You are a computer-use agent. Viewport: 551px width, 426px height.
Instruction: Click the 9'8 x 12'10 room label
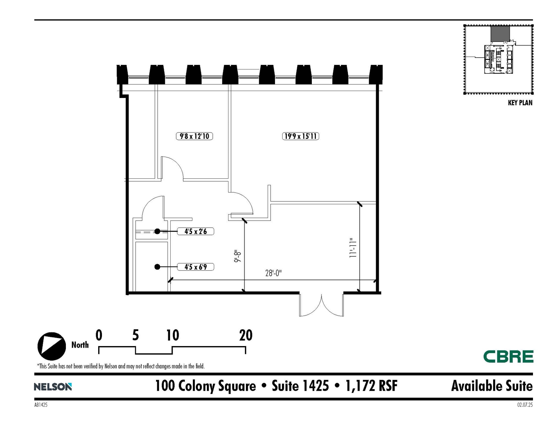(x=194, y=136)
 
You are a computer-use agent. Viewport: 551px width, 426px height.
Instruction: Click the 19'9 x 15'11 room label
(x=300, y=136)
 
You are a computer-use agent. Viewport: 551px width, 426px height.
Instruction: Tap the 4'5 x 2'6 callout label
(x=195, y=231)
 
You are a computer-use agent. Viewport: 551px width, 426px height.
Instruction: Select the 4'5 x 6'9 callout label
(x=195, y=267)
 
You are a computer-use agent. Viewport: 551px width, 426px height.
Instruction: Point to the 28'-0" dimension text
(x=273, y=273)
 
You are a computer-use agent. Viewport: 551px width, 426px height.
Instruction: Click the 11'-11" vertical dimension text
(x=353, y=248)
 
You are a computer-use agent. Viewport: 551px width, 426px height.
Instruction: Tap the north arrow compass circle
(x=52, y=346)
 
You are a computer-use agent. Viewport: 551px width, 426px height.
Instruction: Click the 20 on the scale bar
(x=246, y=335)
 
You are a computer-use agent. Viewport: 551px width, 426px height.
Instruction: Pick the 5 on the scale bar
(x=136, y=335)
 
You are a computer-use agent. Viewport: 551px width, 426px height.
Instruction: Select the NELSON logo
(x=53, y=387)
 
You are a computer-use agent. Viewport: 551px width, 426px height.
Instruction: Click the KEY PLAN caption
(x=520, y=103)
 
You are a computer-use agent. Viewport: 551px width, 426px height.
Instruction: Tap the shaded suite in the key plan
(x=500, y=34)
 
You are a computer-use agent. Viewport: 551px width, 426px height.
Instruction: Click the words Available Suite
(x=492, y=386)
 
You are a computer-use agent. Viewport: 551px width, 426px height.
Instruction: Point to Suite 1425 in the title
(x=300, y=386)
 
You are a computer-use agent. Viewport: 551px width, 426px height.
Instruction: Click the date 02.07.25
(x=525, y=405)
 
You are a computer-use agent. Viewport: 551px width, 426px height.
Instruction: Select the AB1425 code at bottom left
(x=41, y=405)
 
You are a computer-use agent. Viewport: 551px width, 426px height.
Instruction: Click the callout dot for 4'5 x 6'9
(x=157, y=267)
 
